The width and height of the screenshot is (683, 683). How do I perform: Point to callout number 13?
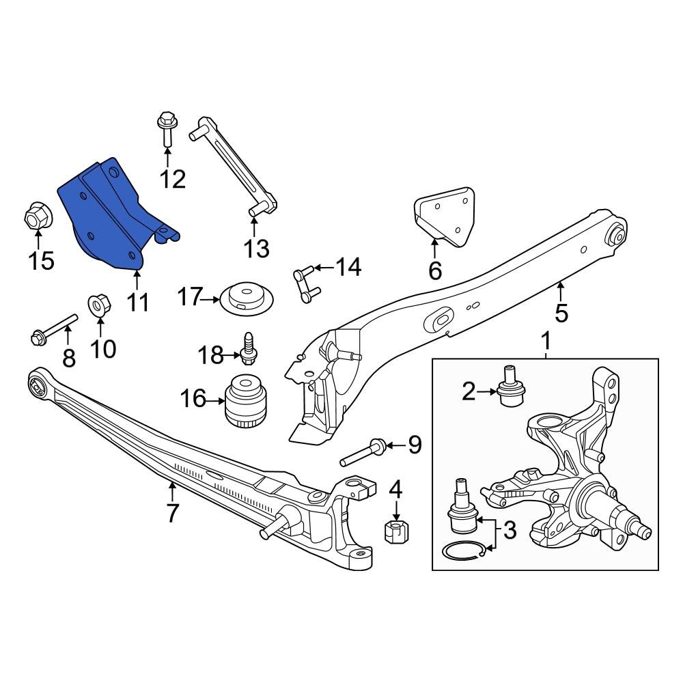(x=257, y=249)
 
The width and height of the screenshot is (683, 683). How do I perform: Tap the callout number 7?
(x=172, y=512)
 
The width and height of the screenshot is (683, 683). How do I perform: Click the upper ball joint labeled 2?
(x=508, y=387)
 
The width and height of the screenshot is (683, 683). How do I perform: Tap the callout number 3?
(x=510, y=530)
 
